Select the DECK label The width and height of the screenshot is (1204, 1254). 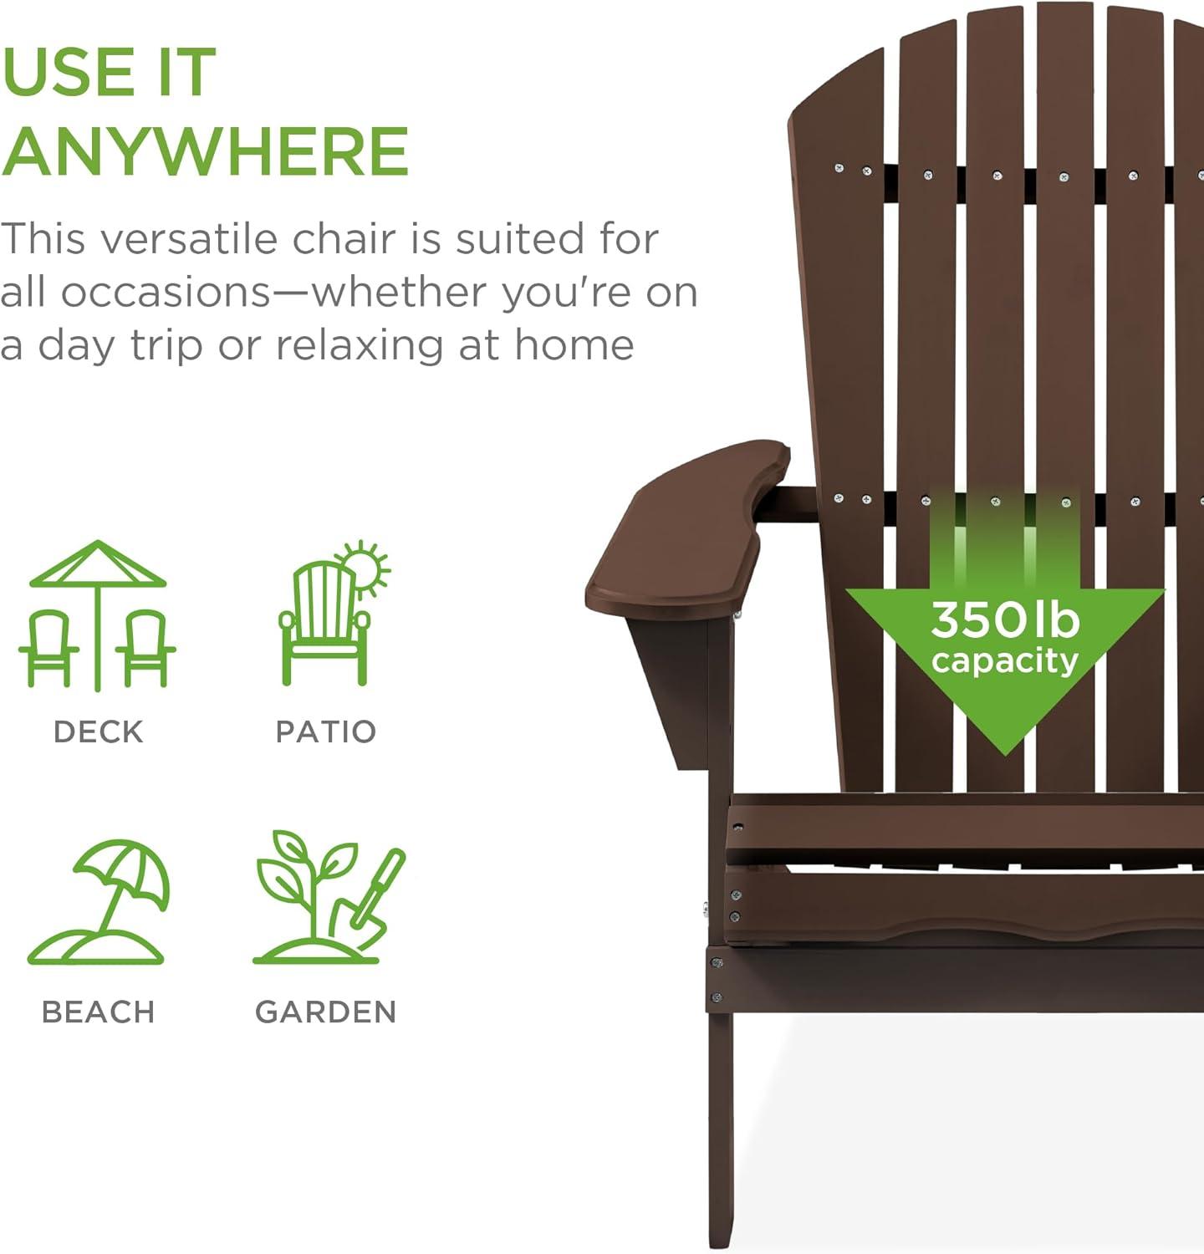tap(98, 731)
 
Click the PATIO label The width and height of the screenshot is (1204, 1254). tap(325, 731)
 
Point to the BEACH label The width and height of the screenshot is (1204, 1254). tap(98, 1012)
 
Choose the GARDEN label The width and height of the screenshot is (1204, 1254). tap(325, 1012)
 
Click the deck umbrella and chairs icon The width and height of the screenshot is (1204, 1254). tap(98, 614)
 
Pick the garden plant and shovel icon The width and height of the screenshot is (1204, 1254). tap(328, 899)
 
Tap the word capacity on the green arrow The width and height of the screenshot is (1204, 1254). tap(1004, 661)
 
